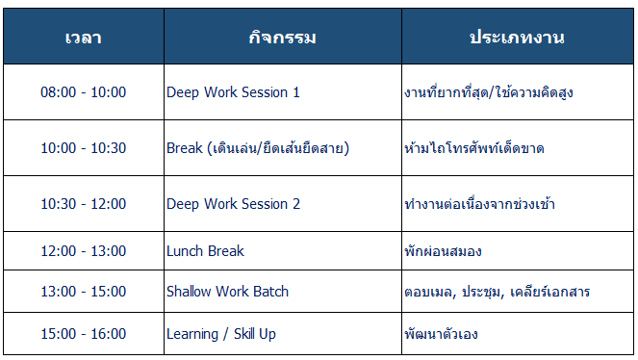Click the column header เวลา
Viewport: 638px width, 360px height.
(84, 37)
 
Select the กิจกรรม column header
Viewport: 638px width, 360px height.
(283, 37)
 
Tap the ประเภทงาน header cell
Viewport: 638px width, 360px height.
(517, 37)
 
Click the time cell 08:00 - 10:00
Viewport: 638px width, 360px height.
(84, 92)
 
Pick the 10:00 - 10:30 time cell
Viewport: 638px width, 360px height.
(84, 148)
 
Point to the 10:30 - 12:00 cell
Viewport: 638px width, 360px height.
(84, 204)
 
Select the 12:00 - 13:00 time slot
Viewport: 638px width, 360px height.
(84, 251)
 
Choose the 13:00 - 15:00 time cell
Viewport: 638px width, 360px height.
(84, 292)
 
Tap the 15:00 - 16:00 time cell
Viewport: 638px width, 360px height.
(84, 334)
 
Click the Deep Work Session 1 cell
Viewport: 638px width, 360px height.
(283, 92)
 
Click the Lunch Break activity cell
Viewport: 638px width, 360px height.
(283, 251)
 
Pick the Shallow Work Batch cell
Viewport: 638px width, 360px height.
(283, 292)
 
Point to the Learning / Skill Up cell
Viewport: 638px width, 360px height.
(283, 334)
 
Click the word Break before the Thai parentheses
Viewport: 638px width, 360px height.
(185, 148)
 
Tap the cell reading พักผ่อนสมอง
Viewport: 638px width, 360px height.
(517, 251)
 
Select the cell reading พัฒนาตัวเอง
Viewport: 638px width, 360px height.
(517, 334)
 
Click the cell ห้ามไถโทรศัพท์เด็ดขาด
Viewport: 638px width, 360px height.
(517, 148)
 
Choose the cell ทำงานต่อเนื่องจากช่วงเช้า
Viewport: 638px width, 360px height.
(517, 204)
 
